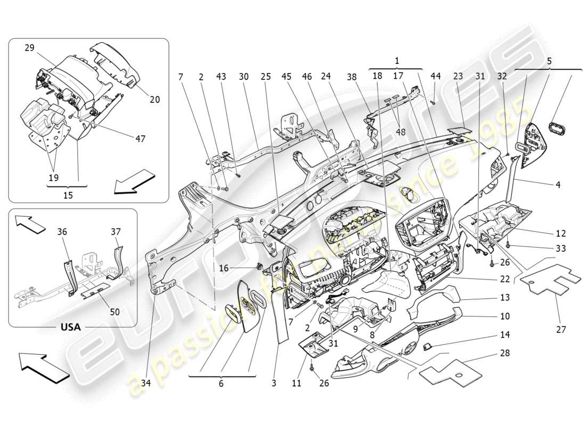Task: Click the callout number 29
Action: (29, 48)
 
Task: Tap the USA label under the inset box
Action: (70, 327)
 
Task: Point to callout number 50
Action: (115, 312)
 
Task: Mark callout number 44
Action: (436, 76)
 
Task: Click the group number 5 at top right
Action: (548, 61)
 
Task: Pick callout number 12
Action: (560, 233)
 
